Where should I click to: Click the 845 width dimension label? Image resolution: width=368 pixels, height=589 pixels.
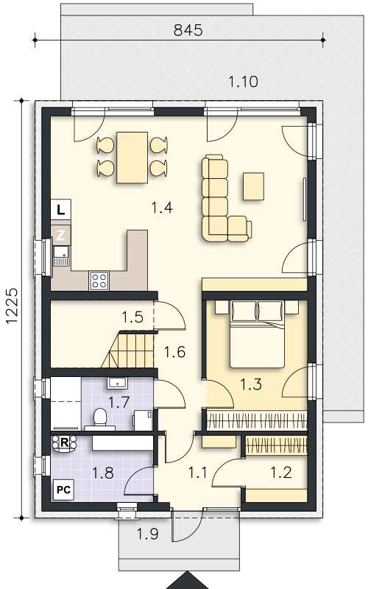[188, 30]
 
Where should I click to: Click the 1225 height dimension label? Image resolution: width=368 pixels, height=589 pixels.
[12, 306]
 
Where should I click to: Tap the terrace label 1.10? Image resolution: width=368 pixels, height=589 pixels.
[244, 82]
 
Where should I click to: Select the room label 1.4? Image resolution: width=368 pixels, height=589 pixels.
[162, 207]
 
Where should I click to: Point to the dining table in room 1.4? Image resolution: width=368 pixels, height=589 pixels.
[132, 158]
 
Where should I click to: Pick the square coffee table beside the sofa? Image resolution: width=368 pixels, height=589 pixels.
[253, 186]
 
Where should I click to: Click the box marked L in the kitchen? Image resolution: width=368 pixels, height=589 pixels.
[61, 210]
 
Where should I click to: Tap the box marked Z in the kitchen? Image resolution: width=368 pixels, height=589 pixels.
[61, 235]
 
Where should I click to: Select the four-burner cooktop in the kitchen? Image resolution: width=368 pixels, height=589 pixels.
[99, 281]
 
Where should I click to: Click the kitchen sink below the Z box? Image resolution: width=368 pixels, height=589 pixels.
[61, 255]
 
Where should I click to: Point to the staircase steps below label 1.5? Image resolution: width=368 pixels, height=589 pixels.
[128, 350]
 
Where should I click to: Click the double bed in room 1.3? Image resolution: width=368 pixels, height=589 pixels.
[257, 334]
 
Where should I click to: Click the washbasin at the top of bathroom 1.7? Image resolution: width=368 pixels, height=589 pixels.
[118, 383]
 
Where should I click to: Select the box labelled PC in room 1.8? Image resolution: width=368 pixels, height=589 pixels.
[63, 490]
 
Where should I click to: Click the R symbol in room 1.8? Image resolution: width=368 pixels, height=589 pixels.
[64, 443]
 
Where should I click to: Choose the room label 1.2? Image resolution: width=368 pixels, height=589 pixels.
[281, 473]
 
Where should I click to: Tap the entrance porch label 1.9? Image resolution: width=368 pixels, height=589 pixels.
[147, 533]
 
